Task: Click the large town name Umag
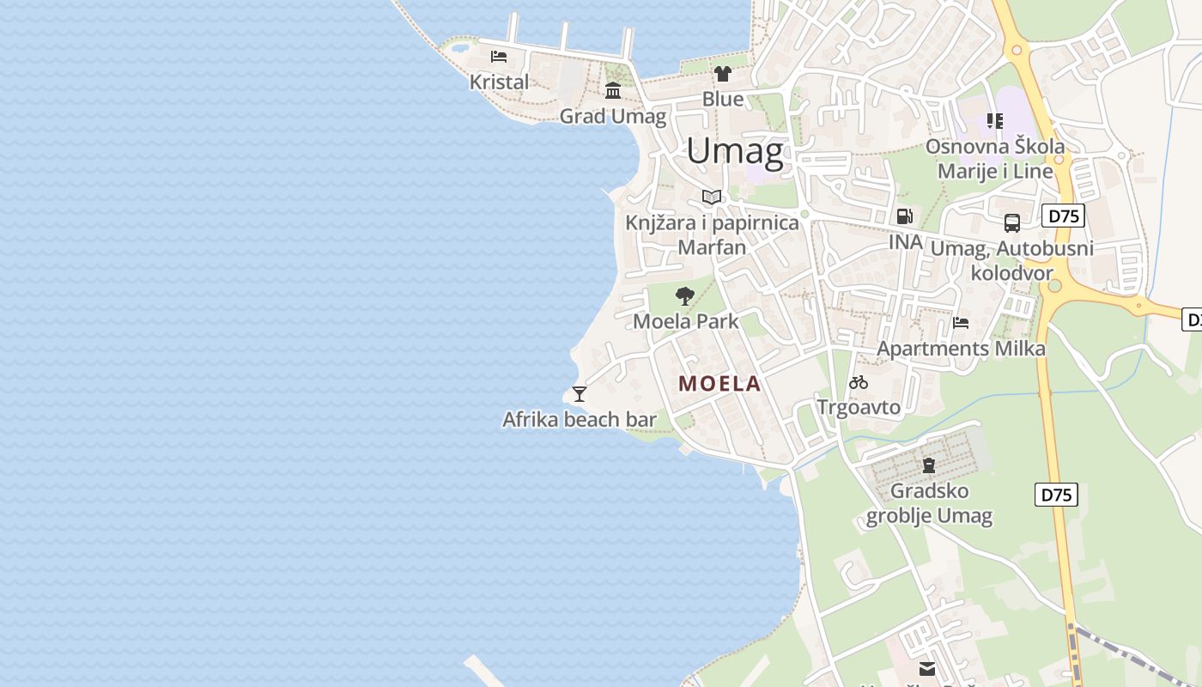point(735,151)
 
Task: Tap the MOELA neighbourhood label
point(719,384)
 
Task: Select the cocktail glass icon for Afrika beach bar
point(580,394)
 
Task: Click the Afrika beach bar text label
point(580,420)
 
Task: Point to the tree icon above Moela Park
point(685,297)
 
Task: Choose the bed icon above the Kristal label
point(499,58)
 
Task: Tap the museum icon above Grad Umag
point(613,90)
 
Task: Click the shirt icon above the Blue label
point(723,74)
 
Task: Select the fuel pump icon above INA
point(904,216)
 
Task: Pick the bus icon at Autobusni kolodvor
point(1012,223)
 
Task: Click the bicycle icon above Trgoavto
point(859,382)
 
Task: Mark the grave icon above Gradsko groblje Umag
point(928,465)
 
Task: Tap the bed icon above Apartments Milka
point(961,323)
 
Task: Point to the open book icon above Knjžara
point(712,198)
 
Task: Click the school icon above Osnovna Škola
point(994,121)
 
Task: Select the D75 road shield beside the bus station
point(1063,216)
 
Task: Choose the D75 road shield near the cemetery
point(1056,495)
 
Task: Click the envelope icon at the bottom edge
point(927,668)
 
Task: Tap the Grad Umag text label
point(613,116)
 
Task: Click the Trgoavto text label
point(859,407)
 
